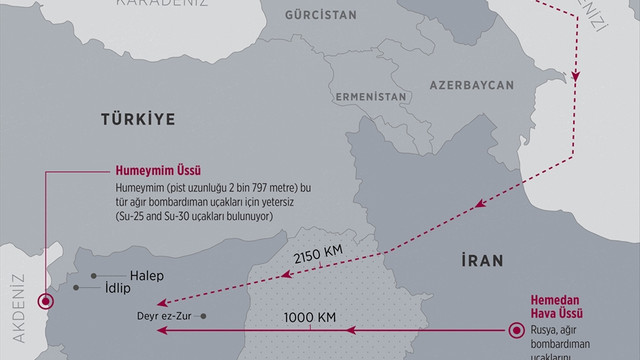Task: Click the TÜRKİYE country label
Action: click(x=138, y=119)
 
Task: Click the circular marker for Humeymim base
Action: click(x=44, y=301)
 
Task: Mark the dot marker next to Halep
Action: click(x=95, y=275)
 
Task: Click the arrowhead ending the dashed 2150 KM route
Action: click(x=162, y=302)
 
